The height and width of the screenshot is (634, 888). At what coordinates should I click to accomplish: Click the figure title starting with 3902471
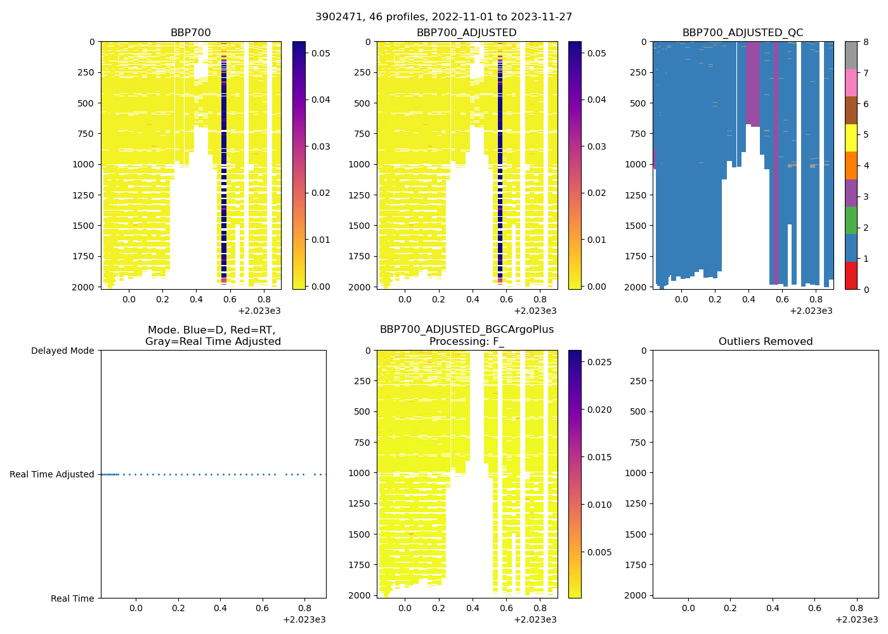click(x=443, y=17)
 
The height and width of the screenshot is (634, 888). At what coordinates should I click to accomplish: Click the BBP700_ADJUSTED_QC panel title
click(x=742, y=33)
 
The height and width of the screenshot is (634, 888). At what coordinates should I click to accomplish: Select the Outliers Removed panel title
click(x=765, y=342)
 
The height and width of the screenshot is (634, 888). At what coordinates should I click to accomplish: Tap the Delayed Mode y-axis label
click(x=62, y=351)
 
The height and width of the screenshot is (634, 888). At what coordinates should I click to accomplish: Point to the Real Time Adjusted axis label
click(x=52, y=474)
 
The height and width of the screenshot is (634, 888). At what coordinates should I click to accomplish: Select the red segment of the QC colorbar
click(x=851, y=276)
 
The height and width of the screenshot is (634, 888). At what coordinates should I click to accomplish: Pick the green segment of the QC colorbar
click(x=851, y=221)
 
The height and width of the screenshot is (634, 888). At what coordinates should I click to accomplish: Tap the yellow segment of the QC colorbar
click(x=851, y=138)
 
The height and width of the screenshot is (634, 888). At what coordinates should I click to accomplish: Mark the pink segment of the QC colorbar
click(x=851, y=83)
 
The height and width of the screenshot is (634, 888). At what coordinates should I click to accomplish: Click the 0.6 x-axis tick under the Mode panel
click(x=262, y=609)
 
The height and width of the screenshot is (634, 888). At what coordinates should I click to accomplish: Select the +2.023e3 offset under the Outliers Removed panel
click(x=856, y=619)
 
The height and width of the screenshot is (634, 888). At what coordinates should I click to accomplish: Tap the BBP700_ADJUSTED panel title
click(x=466, y=33)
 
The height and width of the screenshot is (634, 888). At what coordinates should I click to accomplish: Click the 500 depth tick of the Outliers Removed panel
click(x=639, y=411)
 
